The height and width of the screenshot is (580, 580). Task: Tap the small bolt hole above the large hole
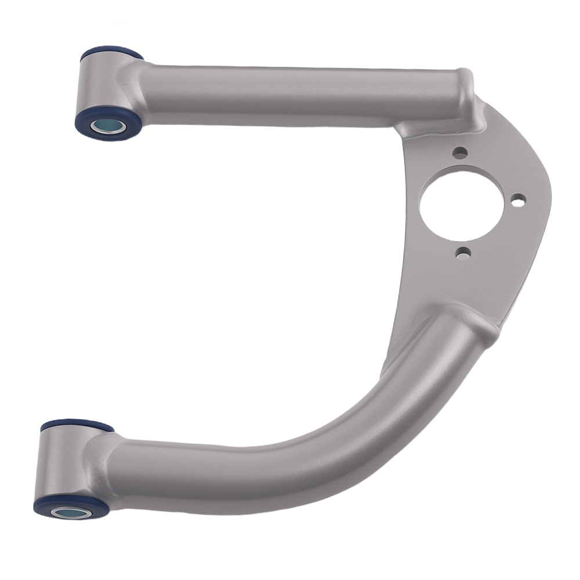[x=460, y=153]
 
